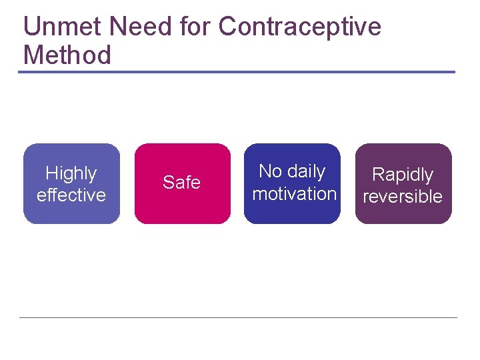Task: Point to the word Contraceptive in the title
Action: (300, 27)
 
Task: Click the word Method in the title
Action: (67, 55)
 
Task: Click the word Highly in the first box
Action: (71, 173)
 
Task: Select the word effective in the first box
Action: (71, 195)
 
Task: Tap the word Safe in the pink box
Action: (181, 183)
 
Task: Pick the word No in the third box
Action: (271, 171)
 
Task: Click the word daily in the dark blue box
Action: (306, 171)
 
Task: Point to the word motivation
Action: (294, 193)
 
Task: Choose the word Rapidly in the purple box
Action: (402, 175)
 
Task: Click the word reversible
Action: (402, 196)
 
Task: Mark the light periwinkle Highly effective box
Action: (71, 213)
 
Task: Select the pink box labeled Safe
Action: (182, 210)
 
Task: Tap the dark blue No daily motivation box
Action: (292, 213)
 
